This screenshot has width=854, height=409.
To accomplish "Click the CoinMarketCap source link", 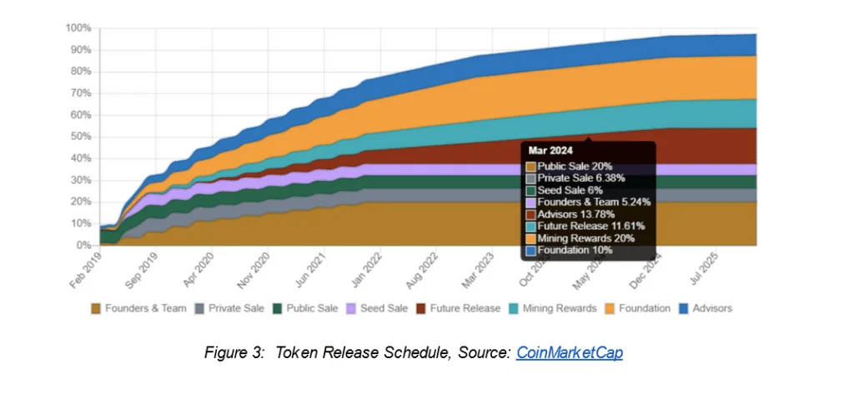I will [x=569, y=352].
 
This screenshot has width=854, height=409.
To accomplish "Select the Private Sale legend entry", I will [x=236, y=308].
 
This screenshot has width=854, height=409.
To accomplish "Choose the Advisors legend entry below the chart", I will [x=711, y=308].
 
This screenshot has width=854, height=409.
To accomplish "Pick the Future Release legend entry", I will [x=465, y=308].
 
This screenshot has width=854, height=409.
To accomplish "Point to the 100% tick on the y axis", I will [x=78, y=27].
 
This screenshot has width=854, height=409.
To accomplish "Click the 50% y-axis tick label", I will [x=81, y=137].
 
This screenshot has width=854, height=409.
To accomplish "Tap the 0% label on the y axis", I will [x=83, y=246].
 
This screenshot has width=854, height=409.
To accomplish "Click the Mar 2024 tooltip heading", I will [x=550, y=152].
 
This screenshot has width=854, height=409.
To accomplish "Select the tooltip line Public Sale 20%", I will [x=575, y=166].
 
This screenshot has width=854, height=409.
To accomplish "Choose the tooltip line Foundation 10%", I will [x=575, y=250].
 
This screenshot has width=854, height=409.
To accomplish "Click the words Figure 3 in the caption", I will [x=229, y=352].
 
